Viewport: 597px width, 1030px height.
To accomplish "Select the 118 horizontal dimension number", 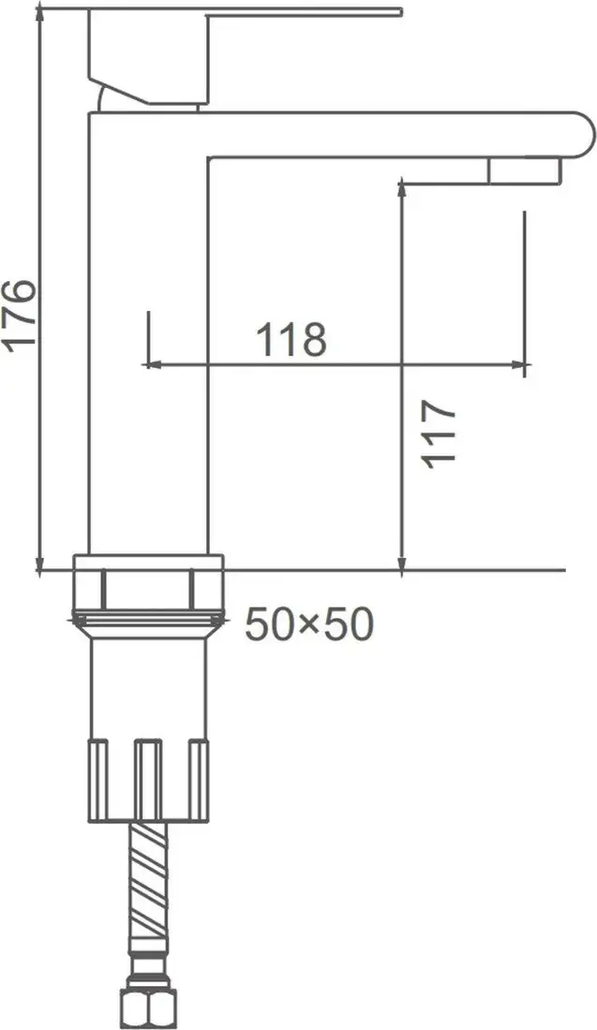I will pyautogui.click(x=291, y=339).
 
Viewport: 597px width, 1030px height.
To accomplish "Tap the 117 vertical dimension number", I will pyautogui.click(x=438, y=433).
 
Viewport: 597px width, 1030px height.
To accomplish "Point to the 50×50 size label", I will pyautogui.click(x=308, y=625).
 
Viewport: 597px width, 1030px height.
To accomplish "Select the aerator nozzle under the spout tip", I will pyautogui.click(x=522, y=170).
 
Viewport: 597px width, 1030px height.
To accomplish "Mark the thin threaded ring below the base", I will pyautogui.click(x=148, y=619).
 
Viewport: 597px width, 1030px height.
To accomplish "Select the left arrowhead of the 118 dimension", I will pyautogui.click(x=150, y=364).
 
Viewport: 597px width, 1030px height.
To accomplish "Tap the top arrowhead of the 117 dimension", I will pyautogui.click(x=401, y=188).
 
